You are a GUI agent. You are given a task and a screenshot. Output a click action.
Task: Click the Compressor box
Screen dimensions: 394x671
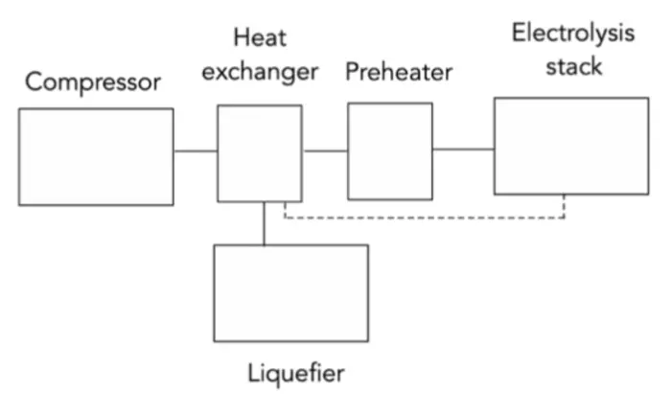pyautogui.click(x=96, y=156)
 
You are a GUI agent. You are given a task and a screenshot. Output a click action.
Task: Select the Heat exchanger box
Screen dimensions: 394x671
pyautogui.click(x=260, y=153)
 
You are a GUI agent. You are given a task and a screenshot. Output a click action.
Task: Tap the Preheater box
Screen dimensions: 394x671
pyautogui.click(x=389, y=151)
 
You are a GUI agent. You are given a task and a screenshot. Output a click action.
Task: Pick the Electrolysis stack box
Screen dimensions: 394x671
pyautogui.click(x=571, y=146)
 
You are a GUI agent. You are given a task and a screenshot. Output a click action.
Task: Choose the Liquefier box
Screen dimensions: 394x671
pyautogui.click(x=290, y=292)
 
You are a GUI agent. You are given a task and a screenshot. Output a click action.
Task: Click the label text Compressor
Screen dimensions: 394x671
pyautogui.click(x=92, y=81)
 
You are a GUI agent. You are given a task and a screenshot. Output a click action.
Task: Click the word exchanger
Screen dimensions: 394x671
pyautogui.click(x=260, y=72)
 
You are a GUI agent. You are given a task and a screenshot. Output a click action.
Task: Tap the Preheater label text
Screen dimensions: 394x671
pyautogui.click(x=399, y=72)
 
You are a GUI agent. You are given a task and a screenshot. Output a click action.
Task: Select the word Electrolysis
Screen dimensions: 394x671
pyautogui.click(x=573, y=34)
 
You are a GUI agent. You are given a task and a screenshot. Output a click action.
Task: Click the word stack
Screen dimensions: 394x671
pyautogui.click(x=573, y=66)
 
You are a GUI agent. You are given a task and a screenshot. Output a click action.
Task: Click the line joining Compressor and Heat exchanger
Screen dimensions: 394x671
pyautogui.click(x=196, y=151)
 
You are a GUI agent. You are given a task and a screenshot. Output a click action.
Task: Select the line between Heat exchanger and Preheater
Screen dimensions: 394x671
pyautogui.click(x=325, y=151)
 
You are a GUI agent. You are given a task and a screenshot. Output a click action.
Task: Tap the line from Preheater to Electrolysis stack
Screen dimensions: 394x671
pyautogui.click(x=463, y=150)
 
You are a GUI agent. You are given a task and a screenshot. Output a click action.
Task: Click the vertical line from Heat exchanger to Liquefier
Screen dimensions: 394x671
pyautogui.click(x=264, y=223)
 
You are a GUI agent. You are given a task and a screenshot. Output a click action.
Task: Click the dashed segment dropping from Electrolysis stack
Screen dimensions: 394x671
pyautogui.click(x=565, y=206)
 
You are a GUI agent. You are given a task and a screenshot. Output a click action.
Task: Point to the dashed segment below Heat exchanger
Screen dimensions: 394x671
pyautogui.click(x=286, y=210)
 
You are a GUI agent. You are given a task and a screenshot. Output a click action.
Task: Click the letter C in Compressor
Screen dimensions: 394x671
pyautogui.click(x=34, y=81)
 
